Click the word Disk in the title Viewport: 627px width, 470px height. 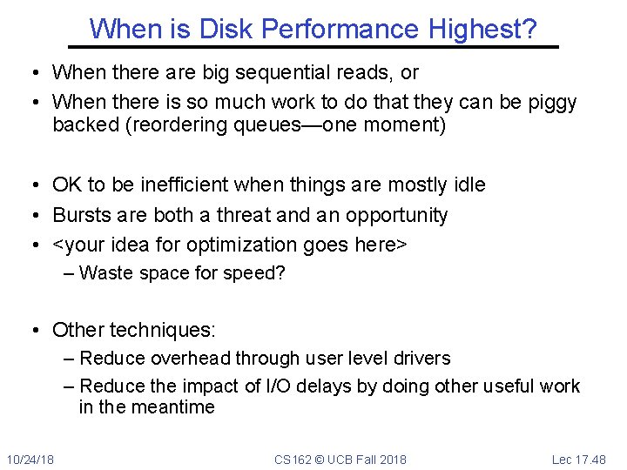click(224, 30)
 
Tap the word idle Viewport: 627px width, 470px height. click(469, 185)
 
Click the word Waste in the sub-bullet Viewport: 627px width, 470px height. click(104, 273)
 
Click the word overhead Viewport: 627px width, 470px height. click(188, 359)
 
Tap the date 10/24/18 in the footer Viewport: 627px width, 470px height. click(30, 459)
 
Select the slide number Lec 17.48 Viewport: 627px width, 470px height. click(578, 459)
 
